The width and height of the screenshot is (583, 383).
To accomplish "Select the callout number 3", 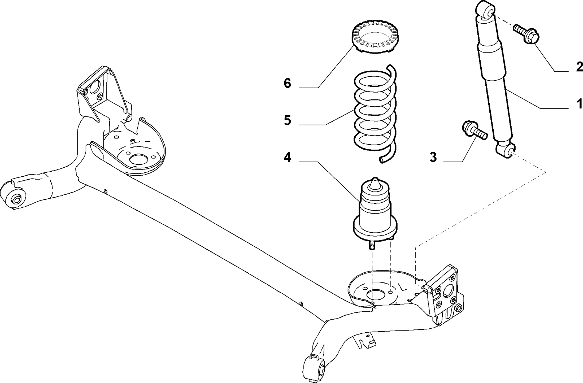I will coord(433,157).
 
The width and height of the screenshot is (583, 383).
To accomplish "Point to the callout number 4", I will coord(287,157).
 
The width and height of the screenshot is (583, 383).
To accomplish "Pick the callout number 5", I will coord(287,120).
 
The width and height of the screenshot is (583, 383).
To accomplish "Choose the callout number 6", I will coord(287,83).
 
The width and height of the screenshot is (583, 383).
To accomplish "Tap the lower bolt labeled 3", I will coord(474,131).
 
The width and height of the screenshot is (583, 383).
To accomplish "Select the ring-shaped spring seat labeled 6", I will coord(375,39).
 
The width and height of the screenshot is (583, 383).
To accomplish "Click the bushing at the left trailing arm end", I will coord(16,199).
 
